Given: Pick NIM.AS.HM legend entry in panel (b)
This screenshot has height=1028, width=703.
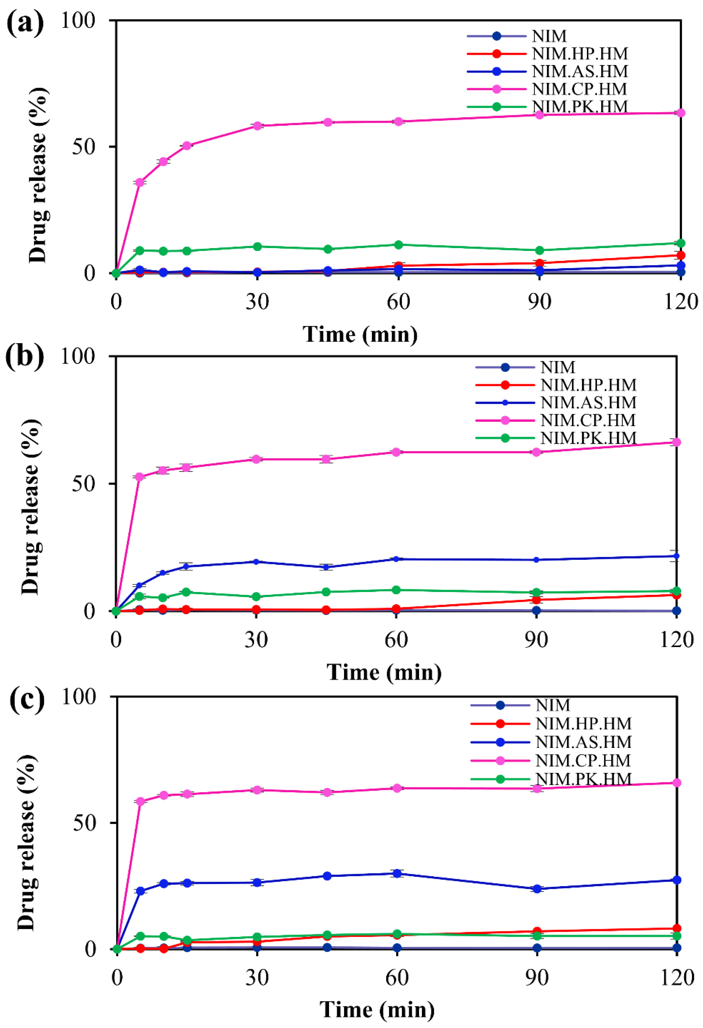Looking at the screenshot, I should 588,402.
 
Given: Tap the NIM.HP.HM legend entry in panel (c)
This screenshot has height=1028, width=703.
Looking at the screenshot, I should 584,724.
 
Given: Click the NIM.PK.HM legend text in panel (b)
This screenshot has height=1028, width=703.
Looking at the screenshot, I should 588,438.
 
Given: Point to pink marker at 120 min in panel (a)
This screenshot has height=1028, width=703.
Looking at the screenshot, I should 681,113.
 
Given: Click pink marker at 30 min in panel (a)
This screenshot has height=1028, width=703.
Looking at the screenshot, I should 257,126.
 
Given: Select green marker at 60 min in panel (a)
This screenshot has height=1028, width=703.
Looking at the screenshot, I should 398,245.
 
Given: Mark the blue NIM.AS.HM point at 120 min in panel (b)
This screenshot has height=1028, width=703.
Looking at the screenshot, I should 676,556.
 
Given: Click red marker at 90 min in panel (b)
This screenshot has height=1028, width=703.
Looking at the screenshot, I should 536,600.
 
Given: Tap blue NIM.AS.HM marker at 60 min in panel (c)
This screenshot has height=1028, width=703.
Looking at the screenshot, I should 397,874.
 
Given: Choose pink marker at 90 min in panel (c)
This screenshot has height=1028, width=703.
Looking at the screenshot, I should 537,789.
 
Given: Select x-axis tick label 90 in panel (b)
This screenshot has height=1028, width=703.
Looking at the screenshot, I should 536,640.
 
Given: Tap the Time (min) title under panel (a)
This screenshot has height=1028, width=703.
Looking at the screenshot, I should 360,335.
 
